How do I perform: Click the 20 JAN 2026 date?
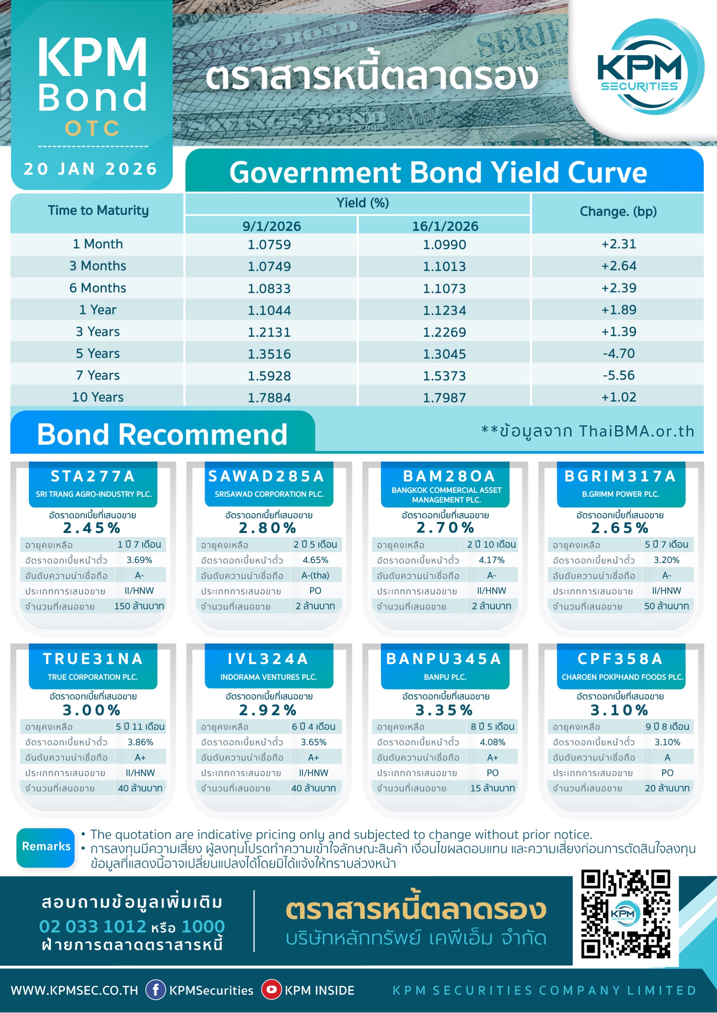(91, 169)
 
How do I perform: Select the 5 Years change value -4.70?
(618, 354)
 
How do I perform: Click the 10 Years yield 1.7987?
(444, 398)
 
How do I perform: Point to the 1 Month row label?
(98, 244)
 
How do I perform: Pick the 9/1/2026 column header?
(271, 226)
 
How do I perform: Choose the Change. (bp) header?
(618, 211)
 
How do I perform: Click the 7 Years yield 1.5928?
(269, 376)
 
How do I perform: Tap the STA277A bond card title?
(93, 476)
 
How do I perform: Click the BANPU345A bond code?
(444, 659)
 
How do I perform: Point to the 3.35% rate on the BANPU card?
(444, 710)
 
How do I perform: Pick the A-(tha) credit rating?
(315, 575)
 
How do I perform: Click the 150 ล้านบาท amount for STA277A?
(139, 606)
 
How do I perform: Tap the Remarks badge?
(46, 846)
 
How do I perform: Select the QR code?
(626, 913)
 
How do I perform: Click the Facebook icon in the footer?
(155, 990)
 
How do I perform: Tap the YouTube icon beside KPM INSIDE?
(271, 990)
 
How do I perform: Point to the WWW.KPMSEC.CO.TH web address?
(74, 990)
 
